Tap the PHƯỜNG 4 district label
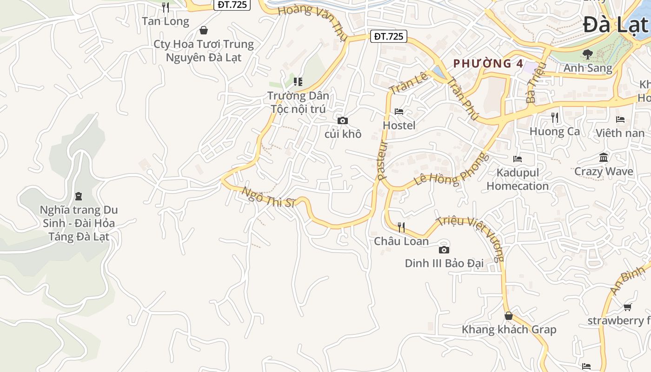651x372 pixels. click(488, 64)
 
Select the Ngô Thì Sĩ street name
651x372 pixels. click(268, 197)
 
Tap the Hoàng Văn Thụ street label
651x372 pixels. click(312, 21)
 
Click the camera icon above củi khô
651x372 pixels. click(343, 121)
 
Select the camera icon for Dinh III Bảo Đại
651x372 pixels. click(444, 250)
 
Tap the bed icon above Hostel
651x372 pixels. click(399, 112)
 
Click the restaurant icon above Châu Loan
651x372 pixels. click(401, 227)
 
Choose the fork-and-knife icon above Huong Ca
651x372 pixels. click(554, 117)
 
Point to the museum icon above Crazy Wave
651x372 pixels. click(604, 158)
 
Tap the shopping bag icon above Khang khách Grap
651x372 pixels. click(509, 316)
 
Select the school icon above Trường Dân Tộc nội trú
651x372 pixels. click(298, 82)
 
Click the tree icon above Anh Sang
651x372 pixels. click(588, 54)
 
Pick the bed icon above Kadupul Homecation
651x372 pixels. click(518, 159)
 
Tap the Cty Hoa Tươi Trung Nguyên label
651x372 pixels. click(204, 51)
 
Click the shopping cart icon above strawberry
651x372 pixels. click(627, 307)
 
